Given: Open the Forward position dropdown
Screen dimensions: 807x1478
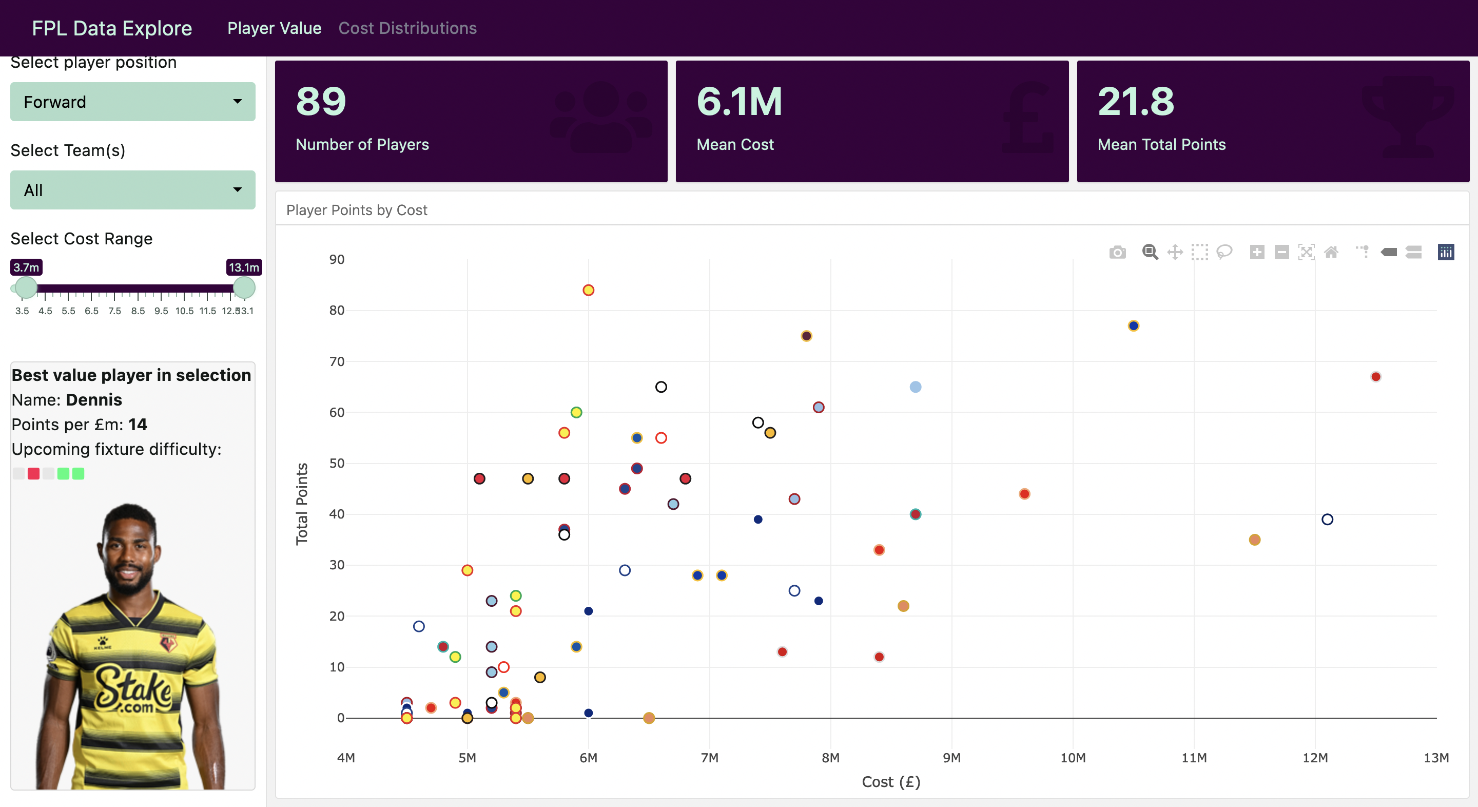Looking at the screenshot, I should click(x=132, y=102).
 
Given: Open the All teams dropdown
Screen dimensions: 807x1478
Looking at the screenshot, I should click(x=132, y=190).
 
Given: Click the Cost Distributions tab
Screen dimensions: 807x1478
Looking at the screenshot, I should click(x=407, y=28).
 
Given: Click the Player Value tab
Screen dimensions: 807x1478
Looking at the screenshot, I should click(x=274, y=28).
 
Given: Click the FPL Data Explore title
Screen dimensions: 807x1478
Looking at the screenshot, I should click(x=112, y=28).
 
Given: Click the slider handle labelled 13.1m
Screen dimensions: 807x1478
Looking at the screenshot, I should click(x=244, y=287).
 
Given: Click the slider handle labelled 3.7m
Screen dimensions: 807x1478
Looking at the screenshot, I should click(x=26, y=287).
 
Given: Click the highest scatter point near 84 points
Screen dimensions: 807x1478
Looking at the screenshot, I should click(x=588, y=291).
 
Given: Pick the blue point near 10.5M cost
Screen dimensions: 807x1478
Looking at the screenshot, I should click(x=1133, y=326).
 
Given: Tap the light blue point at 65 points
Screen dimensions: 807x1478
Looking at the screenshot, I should click(x=915, y=388).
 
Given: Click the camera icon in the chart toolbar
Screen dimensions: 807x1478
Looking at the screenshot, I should click(x=1117, y=253).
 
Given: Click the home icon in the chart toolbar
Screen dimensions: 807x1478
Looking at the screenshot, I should click(x=1331, y=253).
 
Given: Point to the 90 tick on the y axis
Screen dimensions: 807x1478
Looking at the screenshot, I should click(x=337, y=259).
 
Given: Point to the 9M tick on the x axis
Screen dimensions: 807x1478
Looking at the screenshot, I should click(x=951, y=758).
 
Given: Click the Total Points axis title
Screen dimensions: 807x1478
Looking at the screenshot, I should click(x=302, y=504).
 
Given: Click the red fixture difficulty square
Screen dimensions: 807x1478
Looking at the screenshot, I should click(x=33, y=473).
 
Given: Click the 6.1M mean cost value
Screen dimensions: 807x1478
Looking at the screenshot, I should click(x=739, y=102).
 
